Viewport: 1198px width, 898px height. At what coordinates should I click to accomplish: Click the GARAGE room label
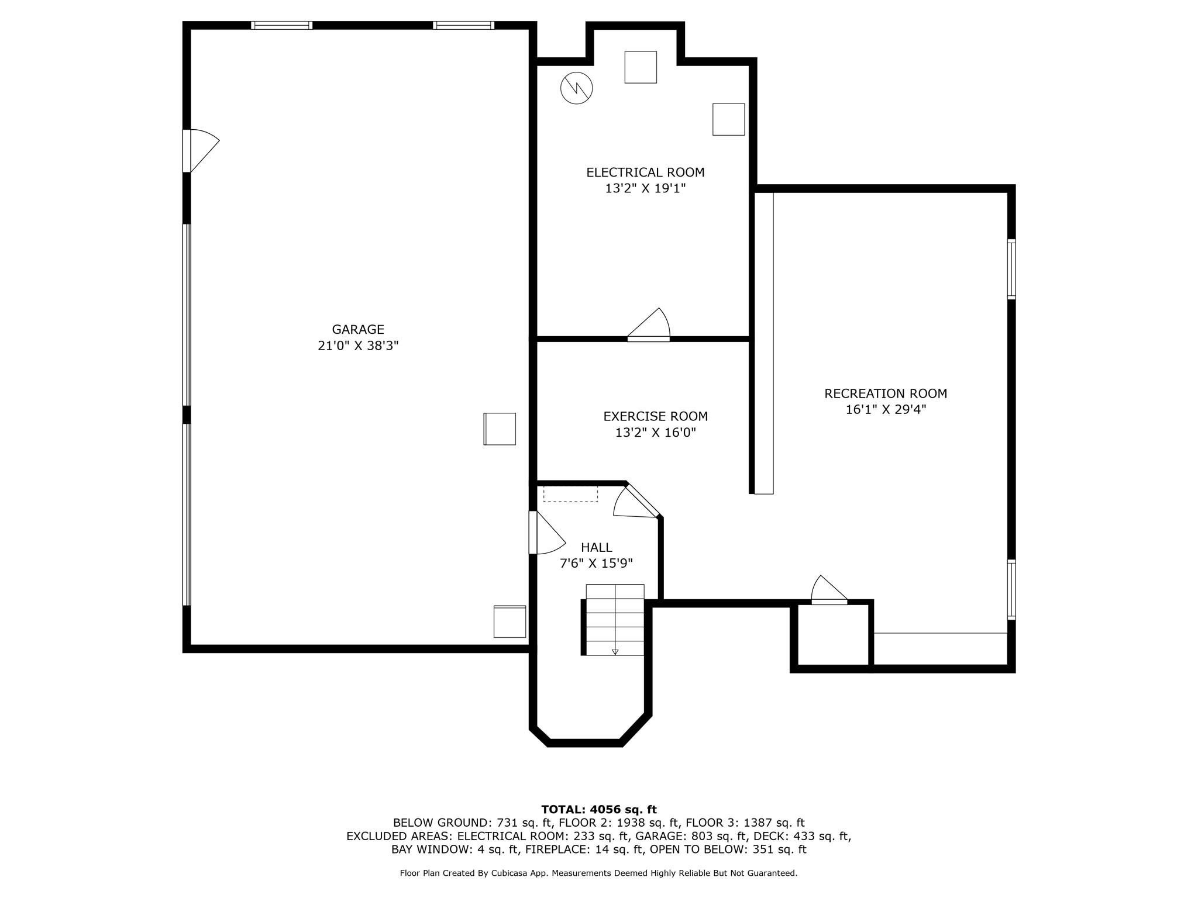(358, 329)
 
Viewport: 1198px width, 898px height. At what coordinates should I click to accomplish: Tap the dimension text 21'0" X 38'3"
(358, 346)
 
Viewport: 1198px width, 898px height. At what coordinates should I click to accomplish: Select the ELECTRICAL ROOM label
(645, 172)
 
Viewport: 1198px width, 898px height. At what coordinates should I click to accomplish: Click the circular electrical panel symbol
(576, 88)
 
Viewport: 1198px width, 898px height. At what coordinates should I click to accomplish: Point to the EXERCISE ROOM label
(655, 416)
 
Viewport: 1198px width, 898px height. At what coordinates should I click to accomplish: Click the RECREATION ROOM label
(886, 393)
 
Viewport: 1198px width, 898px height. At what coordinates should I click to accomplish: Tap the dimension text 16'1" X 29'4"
(886, 409)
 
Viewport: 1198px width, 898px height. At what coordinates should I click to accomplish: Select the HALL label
(596, 547)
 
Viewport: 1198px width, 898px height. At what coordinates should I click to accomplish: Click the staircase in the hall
(615, 620)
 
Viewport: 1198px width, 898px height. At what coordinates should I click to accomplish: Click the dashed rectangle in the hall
(570, 493)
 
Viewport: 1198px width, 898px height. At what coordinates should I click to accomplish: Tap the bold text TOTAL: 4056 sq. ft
(598, 810)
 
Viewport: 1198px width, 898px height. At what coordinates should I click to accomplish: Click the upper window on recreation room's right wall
(1011, 269)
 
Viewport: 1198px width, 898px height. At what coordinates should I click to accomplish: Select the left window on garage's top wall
(281, 25)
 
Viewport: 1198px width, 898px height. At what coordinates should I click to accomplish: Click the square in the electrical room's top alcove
(641, 67)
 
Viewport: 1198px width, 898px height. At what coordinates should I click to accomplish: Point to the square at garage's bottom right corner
(510, 621)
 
